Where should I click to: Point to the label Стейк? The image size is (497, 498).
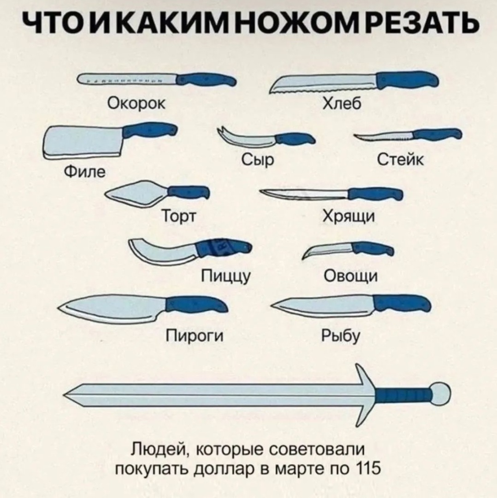coord(400,160)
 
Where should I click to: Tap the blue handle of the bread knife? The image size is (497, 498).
coord(406,80)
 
